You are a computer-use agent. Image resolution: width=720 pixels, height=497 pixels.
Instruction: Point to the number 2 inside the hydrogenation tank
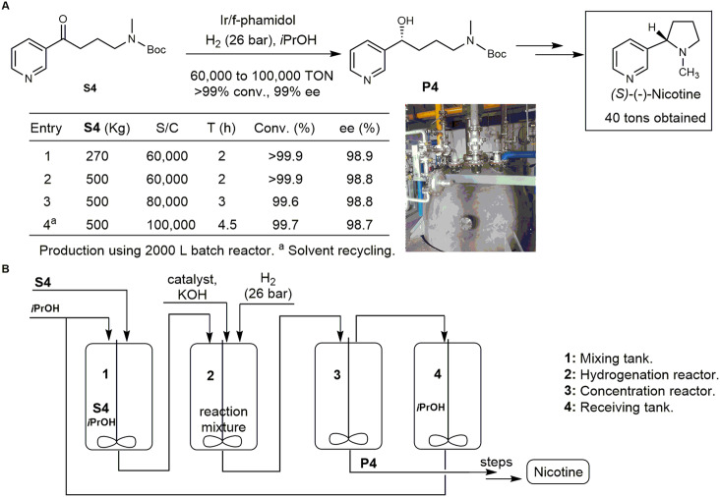tap(210, 375)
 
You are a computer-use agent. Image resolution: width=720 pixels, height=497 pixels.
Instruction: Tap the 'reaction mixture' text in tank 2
tap(223, 419)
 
